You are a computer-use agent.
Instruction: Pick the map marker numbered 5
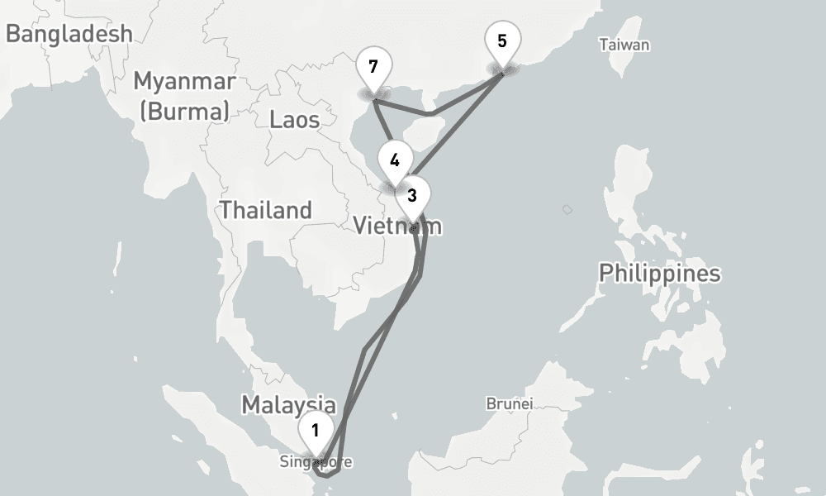[502, 41]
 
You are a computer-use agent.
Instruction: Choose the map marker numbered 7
[374, 67]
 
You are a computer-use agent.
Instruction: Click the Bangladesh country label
[69, 34]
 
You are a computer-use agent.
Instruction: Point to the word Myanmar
[184, 82]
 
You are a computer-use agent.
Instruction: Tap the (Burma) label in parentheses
[184, 111]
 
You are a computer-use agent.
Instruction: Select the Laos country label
[294, 120]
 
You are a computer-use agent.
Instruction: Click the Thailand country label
[265, 210]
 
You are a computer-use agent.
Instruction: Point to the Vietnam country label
[397, 225]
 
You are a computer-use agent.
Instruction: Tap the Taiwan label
[624, 45]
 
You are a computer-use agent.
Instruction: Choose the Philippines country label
[659, 273]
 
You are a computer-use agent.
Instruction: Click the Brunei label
[510, 404]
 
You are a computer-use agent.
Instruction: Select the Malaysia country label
[288, 405]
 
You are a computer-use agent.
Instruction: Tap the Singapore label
[316, 461]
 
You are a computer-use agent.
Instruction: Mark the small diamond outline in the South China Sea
[567, 210]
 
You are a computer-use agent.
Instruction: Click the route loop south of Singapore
[328, 472]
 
